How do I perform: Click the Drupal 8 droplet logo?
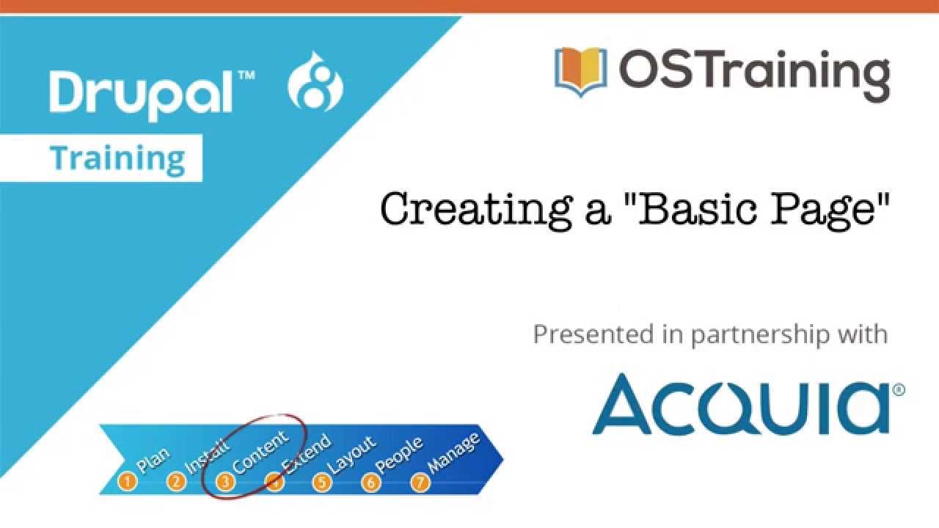[315, 81]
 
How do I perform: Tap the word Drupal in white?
[141, 95]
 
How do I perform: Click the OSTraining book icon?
[580, 72]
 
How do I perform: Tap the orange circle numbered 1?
[128, 481]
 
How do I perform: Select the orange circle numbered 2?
[177, 482]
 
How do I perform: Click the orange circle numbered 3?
[225, 482]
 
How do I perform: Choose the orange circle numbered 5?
[322, 482]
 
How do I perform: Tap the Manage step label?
[453, 453]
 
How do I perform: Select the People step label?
[398, 456]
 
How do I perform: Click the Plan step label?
[153, 461]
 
